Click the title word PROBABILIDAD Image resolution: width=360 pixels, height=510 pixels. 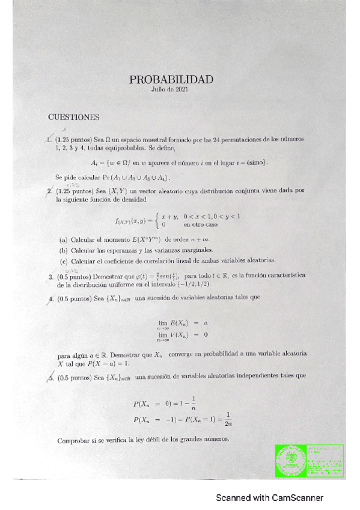point(171,79)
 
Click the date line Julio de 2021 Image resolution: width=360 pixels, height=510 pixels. point(171,90)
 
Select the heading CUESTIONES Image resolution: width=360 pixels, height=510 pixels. point(74,117)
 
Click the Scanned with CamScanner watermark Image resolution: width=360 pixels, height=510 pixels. point(270,498)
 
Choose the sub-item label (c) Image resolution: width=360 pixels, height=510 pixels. point(64,261)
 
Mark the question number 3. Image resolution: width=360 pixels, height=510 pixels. point(51,277)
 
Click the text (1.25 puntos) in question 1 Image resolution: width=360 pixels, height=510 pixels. point(73,139)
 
